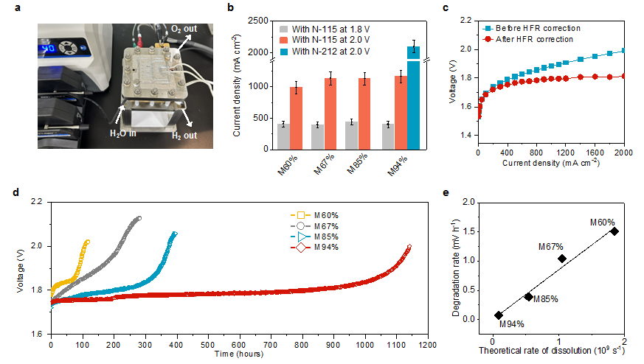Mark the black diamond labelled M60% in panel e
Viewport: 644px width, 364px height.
614,231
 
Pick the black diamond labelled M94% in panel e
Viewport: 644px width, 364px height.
499,315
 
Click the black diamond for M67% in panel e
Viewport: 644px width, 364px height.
562,258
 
